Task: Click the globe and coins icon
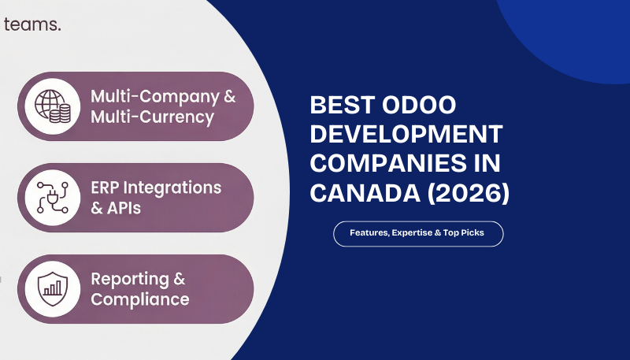coord(53,107)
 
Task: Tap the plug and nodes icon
coord(53,199)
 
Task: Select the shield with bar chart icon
coord(53,289)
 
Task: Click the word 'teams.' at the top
coord(32,24)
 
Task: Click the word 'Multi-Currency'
coord(152,117)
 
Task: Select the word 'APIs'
coord(124,209)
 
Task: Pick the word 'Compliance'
coord(140,299)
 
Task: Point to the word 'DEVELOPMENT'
coord(406,136)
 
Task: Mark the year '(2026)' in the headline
coord(464,195)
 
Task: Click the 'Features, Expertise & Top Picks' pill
coord(418,234)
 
